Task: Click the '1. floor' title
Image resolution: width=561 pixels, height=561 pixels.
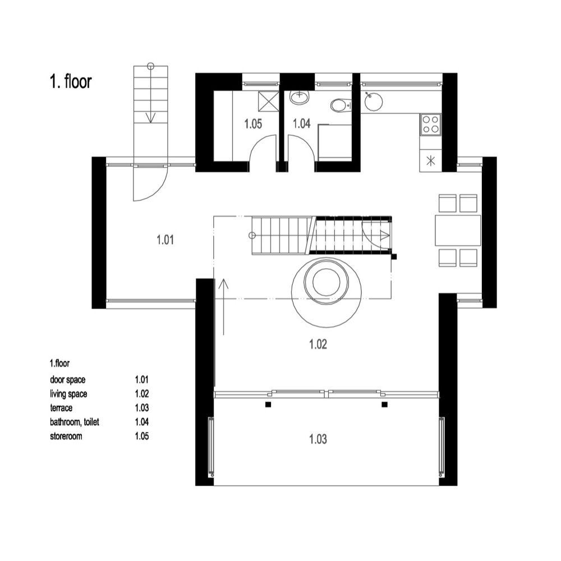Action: [71, 81]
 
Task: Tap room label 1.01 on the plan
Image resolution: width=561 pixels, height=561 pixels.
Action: [165, 240]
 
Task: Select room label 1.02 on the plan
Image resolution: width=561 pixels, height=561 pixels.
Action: [318, 344]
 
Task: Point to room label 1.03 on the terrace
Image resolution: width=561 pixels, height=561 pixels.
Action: [318, 439]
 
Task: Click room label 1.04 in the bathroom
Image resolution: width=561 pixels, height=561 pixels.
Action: [302, 124]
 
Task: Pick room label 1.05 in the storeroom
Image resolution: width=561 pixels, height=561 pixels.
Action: [254, 124]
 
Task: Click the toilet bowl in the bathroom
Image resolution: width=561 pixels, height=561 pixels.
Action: [339, 105]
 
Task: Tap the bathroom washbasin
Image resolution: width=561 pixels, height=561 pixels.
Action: [299, 97]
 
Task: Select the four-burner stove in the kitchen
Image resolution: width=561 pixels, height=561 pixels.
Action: [430, 125]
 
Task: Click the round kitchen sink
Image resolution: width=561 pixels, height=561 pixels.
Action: [374, 102]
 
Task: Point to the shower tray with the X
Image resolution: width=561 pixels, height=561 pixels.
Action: [268, 102]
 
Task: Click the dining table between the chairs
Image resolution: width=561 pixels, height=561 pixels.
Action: [458, 231]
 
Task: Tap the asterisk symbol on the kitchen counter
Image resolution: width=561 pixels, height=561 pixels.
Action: [431, 160]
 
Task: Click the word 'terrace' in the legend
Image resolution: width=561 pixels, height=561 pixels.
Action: [61, 408]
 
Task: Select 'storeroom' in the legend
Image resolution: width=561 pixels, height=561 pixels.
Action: [66, 436]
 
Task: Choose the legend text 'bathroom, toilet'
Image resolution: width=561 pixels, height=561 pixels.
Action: [75, 422]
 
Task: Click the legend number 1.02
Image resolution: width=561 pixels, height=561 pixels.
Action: [142, 394]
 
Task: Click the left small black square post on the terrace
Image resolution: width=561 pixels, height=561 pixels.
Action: [268, 404]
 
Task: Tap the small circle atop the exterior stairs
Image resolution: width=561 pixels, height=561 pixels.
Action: [150, 66]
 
